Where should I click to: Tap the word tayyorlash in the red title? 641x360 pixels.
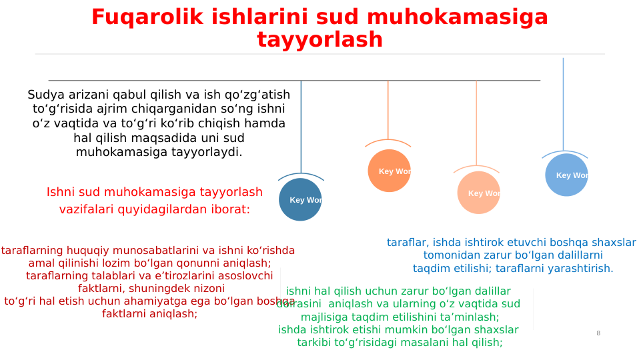[319, 40]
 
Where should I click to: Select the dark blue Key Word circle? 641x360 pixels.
[300, 199]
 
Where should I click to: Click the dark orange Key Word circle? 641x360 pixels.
[389, 171]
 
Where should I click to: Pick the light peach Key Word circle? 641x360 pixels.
[478, 193]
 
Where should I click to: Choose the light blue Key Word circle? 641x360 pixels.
[566, 175]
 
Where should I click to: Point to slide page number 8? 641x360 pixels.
[598, 333]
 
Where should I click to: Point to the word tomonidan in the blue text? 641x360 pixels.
[449, 255]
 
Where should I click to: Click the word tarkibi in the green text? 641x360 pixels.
[316, 343]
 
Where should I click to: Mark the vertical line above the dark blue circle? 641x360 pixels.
[301, 127]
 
